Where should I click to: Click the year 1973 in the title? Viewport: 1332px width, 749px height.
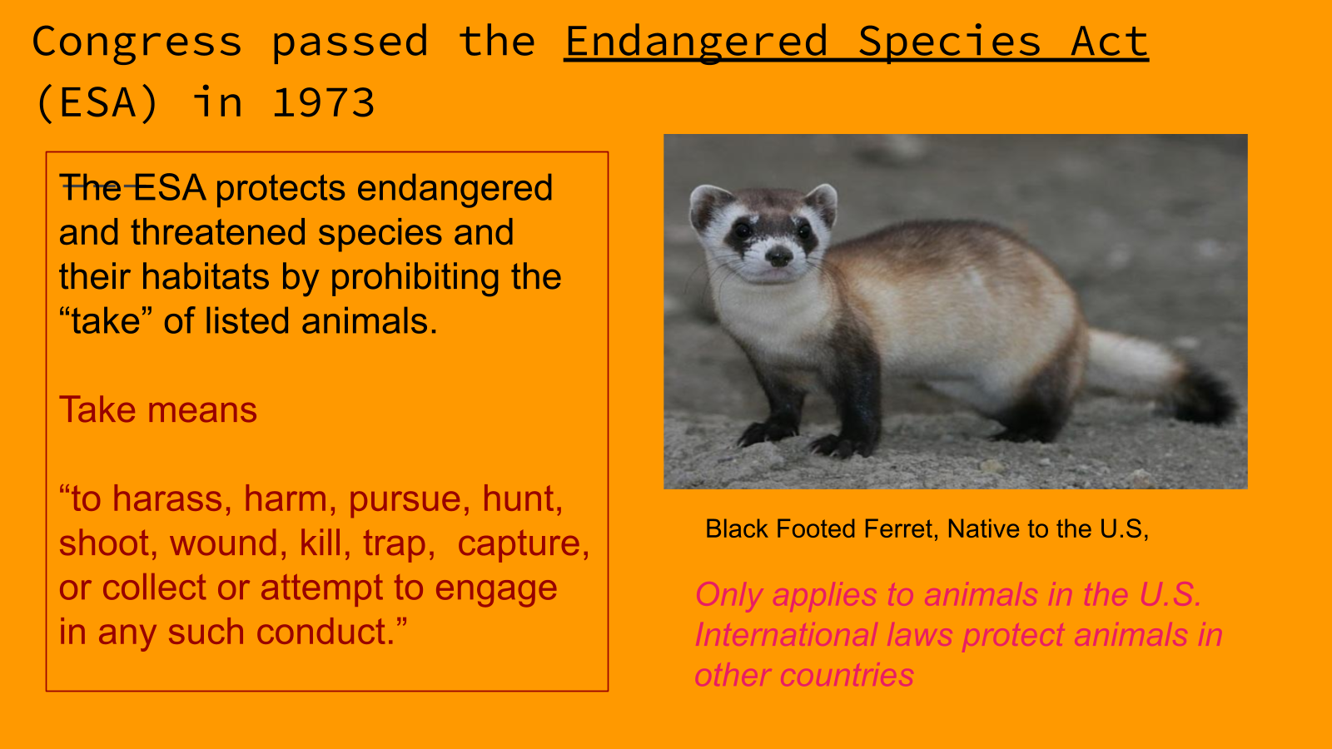[324, 102]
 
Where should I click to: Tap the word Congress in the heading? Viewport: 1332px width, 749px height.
[137, 42]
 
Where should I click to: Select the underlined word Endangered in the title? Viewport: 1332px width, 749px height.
[696, 42]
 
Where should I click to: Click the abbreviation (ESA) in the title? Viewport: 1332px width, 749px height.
[97, 103]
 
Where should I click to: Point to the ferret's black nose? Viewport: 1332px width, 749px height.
[778, 256]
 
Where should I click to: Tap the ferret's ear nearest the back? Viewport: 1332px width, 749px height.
[822, 204]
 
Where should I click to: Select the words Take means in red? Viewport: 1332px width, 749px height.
[157, 409]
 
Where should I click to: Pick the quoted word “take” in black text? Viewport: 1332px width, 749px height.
[106, 321]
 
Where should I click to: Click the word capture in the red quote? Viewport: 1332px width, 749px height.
[523, 544]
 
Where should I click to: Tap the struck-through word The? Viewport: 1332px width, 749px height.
[91, 188]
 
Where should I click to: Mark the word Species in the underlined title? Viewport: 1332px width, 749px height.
[949, 42]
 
